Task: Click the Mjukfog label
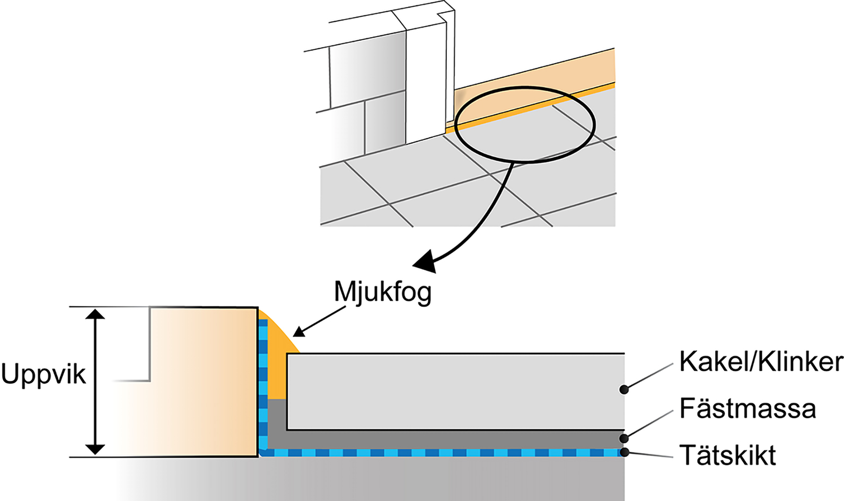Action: click(382, 292)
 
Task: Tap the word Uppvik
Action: click(43, 375)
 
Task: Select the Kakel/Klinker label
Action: click(761, 362)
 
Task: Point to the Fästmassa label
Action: click(748, 409)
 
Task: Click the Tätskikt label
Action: click(727, 455)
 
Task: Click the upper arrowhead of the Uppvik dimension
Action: click(95, 314)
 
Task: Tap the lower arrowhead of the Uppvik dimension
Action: click(95, 449)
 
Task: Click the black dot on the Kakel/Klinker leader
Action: click(625, 390)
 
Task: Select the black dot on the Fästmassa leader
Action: click(625, 438)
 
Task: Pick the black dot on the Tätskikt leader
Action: click(625, 452)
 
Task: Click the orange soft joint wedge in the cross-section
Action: click(277, 361)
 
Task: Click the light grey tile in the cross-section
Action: click(456, 391)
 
